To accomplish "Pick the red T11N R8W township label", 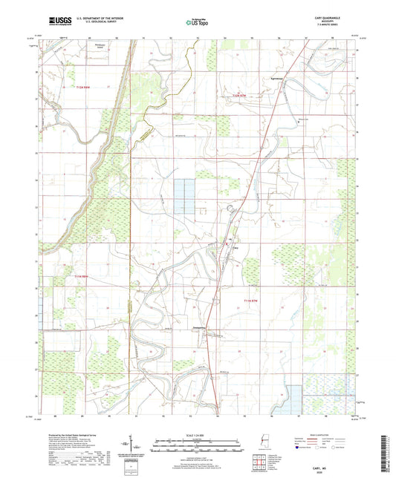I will click(82, 277).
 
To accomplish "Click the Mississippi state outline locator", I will click(260, 442).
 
